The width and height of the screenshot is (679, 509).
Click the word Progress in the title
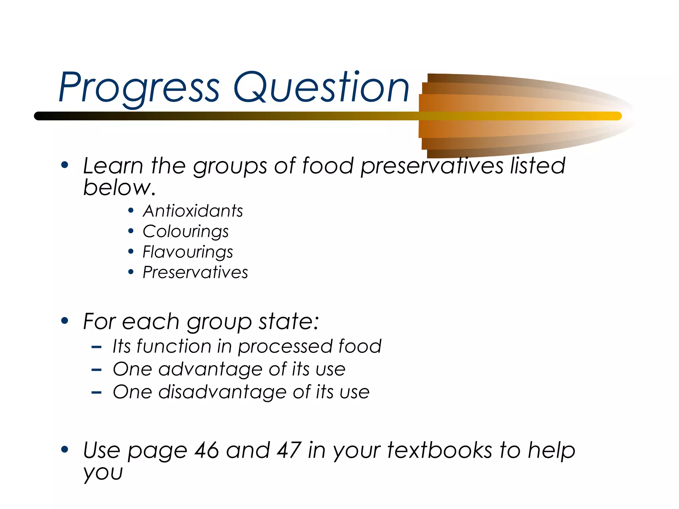point(139,87)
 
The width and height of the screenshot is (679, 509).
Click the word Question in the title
point(321,87)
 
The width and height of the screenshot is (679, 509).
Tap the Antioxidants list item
point(193,211)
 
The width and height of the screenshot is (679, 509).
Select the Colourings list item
point(185,232)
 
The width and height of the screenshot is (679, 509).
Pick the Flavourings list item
point(188,252)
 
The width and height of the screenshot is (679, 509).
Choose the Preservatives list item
point(195,273)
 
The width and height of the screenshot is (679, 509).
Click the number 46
point(207,450)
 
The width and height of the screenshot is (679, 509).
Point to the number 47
point(289,450)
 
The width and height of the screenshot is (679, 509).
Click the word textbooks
point(439,450)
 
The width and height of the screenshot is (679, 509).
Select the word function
point(174,347)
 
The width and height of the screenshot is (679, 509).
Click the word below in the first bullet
point(119,188)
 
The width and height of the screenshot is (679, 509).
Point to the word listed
point(537,166)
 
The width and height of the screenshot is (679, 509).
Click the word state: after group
point(288,321)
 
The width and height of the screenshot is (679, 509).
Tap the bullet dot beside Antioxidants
point(131,211)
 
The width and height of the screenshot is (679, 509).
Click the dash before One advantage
point(96,370)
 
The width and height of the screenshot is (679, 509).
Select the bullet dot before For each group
point(65,321)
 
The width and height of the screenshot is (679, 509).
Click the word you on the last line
point(103,473)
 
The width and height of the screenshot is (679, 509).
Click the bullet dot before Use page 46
point(65,450)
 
